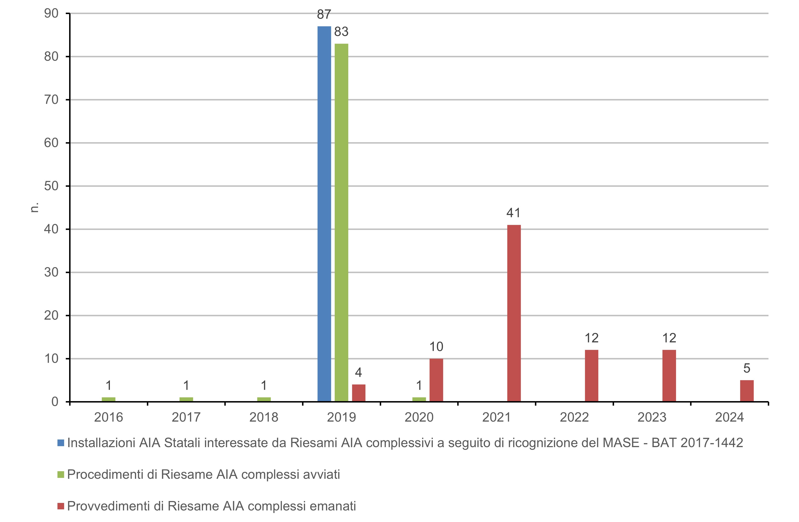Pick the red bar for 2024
tap(747, 391)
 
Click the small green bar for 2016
tap(108, 399)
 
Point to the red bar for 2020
tap(436, 380)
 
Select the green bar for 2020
tap(419, 399)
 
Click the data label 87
tap(324, 15)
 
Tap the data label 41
tap(513, 213)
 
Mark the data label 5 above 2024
tap(747, 368)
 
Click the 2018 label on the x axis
tap(264, 417)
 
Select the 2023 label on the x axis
tap(652, 417)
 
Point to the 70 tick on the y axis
tap(51, 100)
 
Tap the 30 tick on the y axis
tap(51, 272)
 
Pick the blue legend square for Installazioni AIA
tap(61, 443)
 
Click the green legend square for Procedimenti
tap(61, 474)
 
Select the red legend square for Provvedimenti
tap(61, 506)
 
